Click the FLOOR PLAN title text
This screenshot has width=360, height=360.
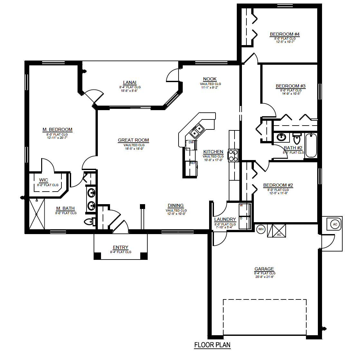point(212,345)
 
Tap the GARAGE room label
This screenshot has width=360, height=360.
point(264,269)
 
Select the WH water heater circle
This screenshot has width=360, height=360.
point(261,229)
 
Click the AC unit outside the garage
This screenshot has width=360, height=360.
point(335,224)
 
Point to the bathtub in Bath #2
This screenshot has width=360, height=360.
point(311,145)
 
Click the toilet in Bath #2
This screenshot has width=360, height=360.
point(297,139)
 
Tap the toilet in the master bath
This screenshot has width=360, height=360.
point(89,222)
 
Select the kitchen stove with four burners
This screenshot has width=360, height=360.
point(233,155)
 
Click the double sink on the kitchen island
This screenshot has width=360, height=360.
point(197,130)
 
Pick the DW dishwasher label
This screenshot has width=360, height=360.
point(191,142)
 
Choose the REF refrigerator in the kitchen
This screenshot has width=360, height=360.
point(192,163)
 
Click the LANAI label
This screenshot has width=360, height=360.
point(130,82)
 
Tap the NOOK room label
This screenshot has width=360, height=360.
point(210,79)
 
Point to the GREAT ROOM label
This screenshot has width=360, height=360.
point(133,140)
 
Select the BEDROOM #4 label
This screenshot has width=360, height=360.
point(285,34)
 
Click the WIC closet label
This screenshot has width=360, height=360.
point(43,180)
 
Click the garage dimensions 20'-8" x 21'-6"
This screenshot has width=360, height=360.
point(264,277)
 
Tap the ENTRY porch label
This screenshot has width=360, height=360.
point(120,247)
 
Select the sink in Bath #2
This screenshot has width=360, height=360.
point(282,137)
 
